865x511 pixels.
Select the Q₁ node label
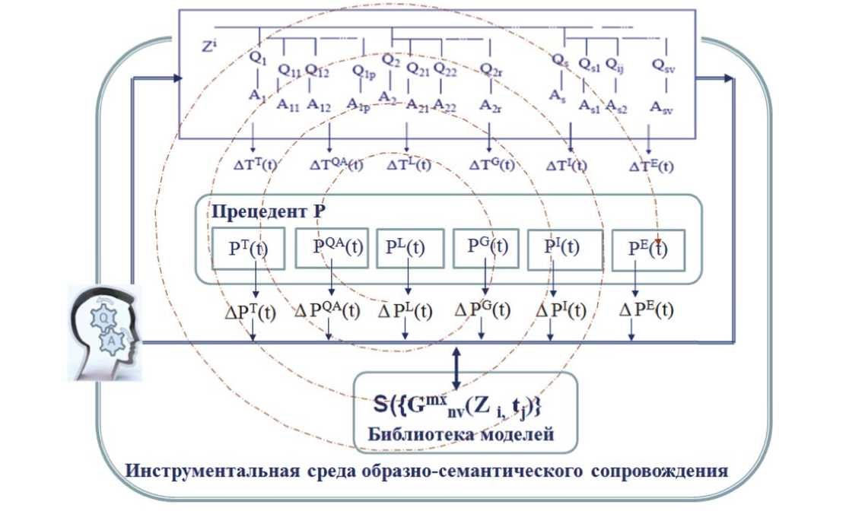coord(259,59)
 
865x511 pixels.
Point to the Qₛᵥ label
coord(663,66)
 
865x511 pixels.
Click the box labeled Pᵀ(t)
coord(248,248)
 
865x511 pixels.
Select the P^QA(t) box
coord(332,248)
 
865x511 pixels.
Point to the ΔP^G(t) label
coord(482,310)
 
